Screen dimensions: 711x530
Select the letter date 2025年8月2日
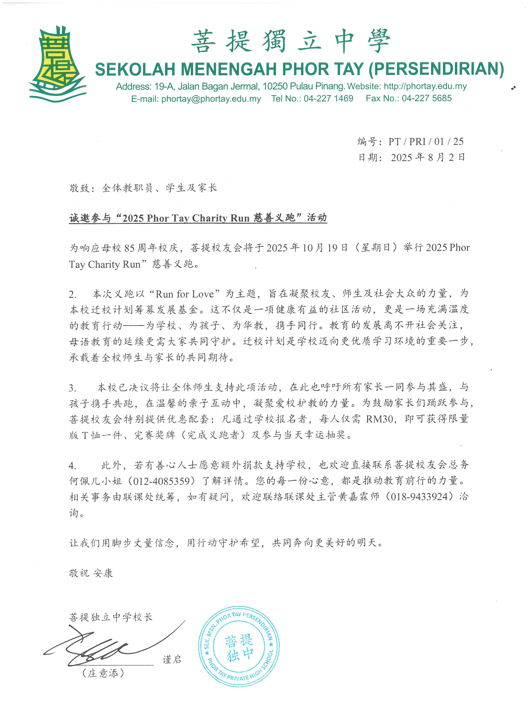427,157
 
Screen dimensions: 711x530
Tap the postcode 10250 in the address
275,86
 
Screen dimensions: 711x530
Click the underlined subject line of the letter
198,218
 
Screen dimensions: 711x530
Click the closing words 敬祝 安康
91,573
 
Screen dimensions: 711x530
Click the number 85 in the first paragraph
129,248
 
